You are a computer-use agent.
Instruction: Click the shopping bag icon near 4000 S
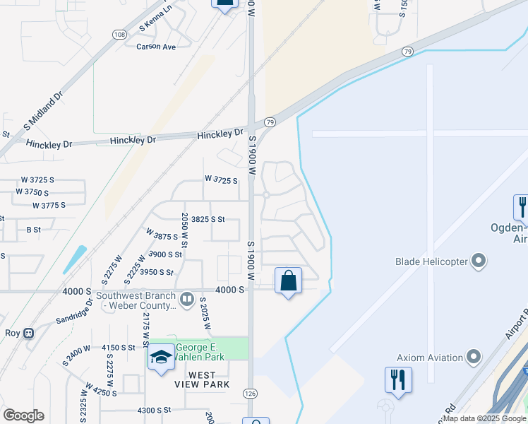coord(288,281)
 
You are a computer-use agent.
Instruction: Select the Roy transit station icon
coord(29,333)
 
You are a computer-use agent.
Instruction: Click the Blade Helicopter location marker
coord(479,261)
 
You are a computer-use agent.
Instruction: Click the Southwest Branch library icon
coord(187,298)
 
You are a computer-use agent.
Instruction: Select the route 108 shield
coord(119,35)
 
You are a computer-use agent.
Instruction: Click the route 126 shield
coord(251,393)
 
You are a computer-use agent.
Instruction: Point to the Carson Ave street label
coord(155,47)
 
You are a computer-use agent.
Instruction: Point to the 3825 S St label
coord(208,220)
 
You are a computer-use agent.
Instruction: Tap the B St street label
coord(33,230)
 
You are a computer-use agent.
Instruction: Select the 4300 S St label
coord(155,410)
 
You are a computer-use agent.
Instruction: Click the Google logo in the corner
coord(23,416)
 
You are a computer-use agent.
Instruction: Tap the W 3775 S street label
coord(49,205)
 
